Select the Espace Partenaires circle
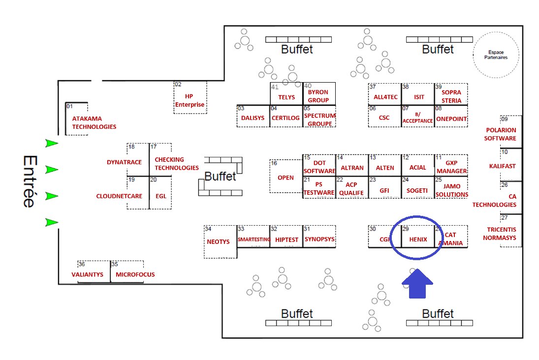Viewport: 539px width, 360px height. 497,55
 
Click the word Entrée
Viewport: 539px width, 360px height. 30,181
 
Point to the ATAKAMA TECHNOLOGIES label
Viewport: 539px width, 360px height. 94,122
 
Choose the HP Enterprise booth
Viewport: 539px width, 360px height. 190,100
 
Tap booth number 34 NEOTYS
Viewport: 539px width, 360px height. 218,241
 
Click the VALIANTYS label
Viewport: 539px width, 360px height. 88,274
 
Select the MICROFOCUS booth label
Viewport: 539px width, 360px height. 135,274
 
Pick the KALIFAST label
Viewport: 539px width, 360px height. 502,166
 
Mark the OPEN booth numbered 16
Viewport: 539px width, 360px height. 285,178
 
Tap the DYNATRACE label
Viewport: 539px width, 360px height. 124,162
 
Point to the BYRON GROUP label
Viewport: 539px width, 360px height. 318,96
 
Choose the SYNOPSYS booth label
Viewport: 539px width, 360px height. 319,240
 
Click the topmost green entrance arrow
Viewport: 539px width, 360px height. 51,143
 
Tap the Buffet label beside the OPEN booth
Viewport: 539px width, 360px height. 220,176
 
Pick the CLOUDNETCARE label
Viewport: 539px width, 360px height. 119,196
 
